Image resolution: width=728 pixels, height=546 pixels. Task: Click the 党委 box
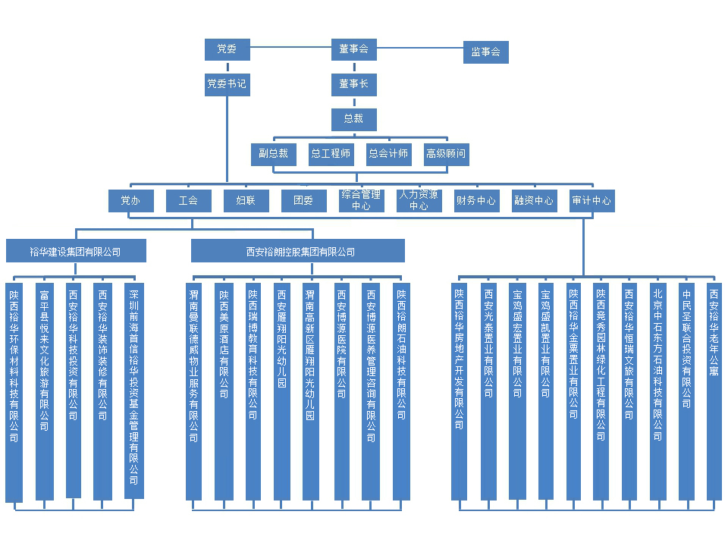pos(227,50)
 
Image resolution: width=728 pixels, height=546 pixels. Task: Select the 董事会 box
pos(353,50)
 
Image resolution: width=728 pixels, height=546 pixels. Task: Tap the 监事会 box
pos(485,52)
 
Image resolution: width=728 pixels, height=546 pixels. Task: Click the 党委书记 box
pos(227,84)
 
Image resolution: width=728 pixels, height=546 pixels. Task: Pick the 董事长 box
pos(353,84)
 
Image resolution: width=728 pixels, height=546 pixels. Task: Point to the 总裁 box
pos(353,119)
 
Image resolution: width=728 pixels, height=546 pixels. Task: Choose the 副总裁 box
pos(273,154)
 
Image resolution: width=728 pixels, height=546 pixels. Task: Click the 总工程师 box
pos(331,154)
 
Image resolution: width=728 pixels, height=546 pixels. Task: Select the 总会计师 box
pos(388,154)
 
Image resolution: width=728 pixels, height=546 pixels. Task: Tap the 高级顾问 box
pos(446,154)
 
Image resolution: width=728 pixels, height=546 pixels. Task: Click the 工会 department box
pos(188,201)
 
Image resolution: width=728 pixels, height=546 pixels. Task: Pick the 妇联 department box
pos(246,201)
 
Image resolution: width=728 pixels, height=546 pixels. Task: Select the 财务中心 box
pos(476,201)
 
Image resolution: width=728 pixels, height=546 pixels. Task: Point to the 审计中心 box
pos(591,201)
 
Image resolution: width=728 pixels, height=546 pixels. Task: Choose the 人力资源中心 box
pos(419,201)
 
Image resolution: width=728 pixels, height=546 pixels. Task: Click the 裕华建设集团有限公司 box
pos(75,251)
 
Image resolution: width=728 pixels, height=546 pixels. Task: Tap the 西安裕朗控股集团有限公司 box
pos(297,251)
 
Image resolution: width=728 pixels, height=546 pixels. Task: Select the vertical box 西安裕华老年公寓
pos(714,391)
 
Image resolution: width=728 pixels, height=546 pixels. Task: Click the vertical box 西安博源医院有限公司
pos(341,391)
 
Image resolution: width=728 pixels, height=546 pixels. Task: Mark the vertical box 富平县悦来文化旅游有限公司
pos(45,391)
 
